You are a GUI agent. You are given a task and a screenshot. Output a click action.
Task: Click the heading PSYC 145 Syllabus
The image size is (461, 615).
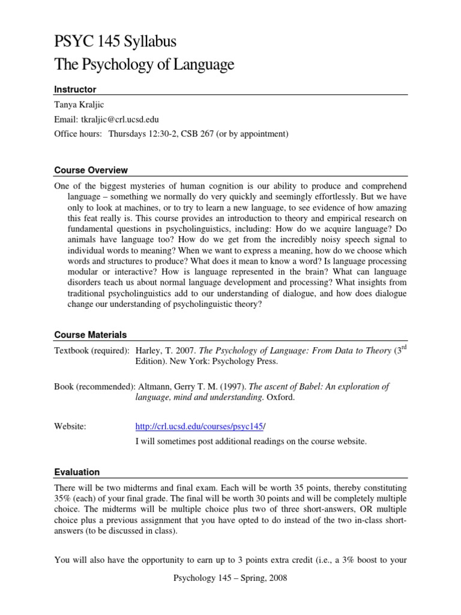click(115, 42)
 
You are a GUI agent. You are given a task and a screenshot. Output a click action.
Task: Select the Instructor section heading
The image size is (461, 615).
click(75, 89)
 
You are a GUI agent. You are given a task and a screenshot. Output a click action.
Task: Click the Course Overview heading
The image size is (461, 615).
click(91, 171)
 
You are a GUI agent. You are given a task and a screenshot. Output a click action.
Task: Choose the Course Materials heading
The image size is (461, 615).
click(91, 335)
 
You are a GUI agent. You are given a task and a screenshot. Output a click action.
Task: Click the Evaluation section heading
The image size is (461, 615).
click(77, 472)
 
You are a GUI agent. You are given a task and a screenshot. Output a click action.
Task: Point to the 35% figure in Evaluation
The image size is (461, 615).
click(64, 499)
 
